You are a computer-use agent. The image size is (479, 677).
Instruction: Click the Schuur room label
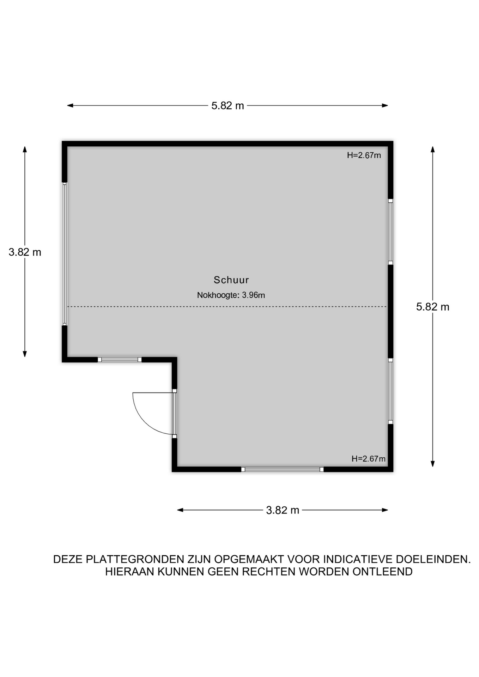coord(231,280)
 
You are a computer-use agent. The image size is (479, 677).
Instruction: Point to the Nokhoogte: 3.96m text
coord(231,295)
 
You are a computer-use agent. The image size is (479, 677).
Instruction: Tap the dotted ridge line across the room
coord(227,307)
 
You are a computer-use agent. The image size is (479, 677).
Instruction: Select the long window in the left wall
coord(65,254)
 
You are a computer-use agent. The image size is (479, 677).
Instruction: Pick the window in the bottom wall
coord(283,469)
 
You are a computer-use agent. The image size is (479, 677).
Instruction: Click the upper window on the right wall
coord(390,232)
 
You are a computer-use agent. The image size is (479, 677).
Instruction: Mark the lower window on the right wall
coord(390,391)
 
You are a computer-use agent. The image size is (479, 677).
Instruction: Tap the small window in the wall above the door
coord(120,360)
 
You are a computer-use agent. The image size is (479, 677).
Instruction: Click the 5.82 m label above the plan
coord(228,106)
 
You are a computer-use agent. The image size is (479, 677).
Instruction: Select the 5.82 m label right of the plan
coord(432,307)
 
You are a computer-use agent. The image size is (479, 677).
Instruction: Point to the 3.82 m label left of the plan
coord(25,252)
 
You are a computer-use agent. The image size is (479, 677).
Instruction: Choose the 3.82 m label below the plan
coord(283,510)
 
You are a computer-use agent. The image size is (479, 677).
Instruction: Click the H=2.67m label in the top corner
coord(364,155)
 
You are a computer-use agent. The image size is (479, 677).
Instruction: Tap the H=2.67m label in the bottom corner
coord(368,459)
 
